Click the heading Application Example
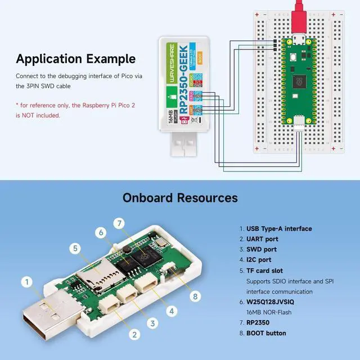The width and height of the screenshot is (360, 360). click(75, 58)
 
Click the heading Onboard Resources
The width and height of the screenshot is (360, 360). click(180, 198)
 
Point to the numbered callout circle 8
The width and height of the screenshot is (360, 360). click(195, 296)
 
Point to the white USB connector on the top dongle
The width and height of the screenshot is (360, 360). click(186, 148)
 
